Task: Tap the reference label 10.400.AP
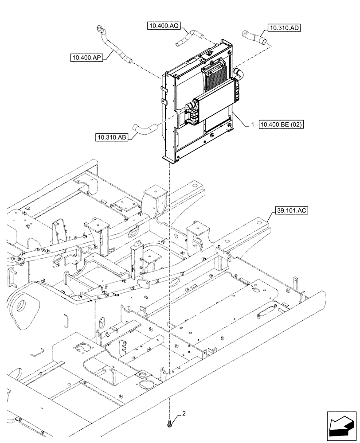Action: (x=86, y=57)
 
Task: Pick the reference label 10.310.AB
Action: (x=111, y=137)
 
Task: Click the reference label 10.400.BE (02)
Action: (x=282, y=125)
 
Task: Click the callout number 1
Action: (x=252, y=125)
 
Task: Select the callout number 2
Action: (x=184, y=414)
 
